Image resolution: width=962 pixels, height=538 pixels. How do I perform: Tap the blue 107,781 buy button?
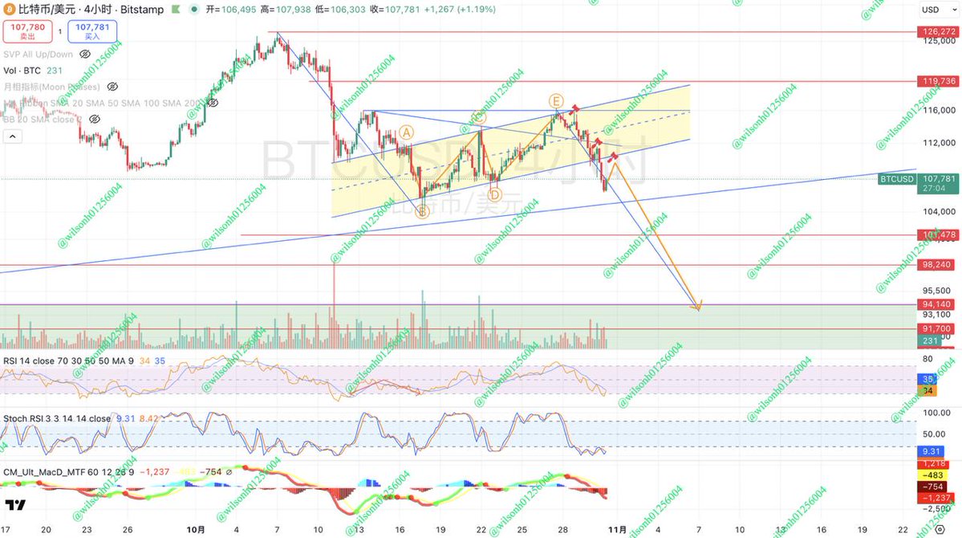tap(91, 31)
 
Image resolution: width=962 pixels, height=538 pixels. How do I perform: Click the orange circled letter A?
tap(407, 132)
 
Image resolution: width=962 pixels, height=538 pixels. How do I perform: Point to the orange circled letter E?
tap(555, 100)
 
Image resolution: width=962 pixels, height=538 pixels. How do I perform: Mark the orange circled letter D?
tap(494, 194)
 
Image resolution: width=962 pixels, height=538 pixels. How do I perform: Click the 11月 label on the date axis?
tap(615, 530)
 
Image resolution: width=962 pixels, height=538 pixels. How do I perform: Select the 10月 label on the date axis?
tap(195, 530)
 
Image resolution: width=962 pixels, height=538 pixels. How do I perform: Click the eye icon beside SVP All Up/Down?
tap(112, 55)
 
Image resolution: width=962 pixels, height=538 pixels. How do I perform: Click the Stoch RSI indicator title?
tap(57, 418)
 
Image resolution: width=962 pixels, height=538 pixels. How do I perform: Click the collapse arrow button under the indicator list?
tap(12, 137)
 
